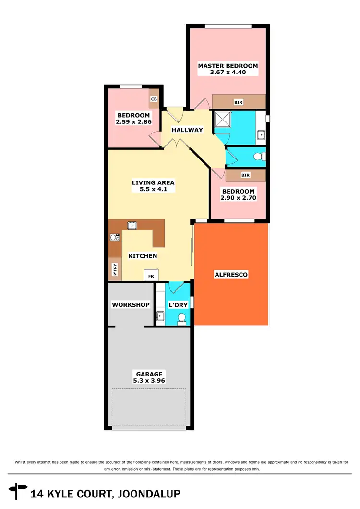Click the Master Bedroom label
tap(228, 66)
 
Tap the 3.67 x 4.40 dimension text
tap(228, 73)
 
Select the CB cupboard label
tap(154, 99)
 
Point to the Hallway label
tap(188, 130)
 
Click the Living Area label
tap(153, 182)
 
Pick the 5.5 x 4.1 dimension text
tap(153, 190)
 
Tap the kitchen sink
tap(131, 225)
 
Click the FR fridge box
tap(151, 277)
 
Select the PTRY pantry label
tap(115, 269)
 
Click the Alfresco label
tap(231, 275)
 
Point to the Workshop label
tap(131, 304)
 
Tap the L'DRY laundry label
tap(178, 304)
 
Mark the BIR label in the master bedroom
tap(238, 102)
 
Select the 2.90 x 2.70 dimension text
tap(238, 197)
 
